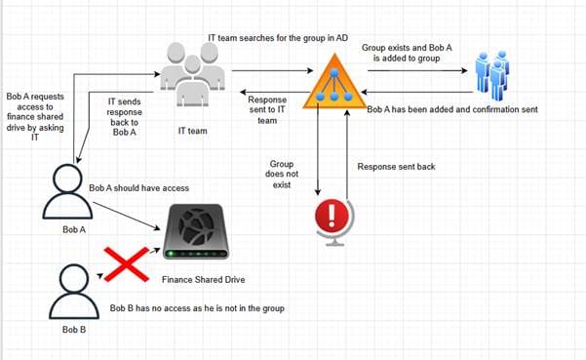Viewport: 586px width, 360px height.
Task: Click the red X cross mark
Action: [x=125, y=266]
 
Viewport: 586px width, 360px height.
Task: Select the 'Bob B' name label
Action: [x=74, y=331]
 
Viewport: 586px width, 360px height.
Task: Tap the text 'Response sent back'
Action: [x=397, y=167]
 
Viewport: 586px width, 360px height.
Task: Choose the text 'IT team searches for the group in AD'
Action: [x=279, y=37]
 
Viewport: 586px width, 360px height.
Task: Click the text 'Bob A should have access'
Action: [x=138, y=187]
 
